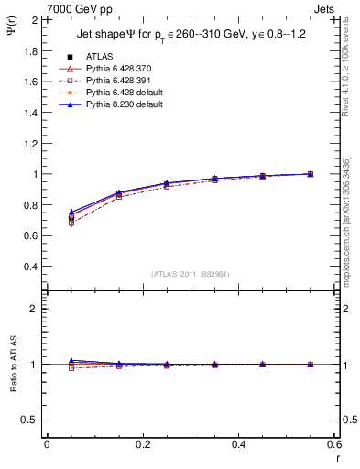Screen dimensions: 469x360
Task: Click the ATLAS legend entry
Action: (x=100, y=57)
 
